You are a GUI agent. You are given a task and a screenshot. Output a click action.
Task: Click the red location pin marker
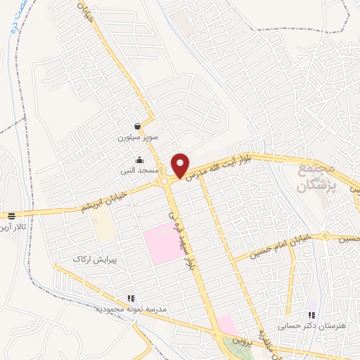(181, 165)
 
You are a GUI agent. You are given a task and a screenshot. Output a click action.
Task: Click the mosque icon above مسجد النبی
(140, 160)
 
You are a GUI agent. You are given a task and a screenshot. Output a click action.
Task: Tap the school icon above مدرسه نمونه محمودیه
(129, 298)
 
